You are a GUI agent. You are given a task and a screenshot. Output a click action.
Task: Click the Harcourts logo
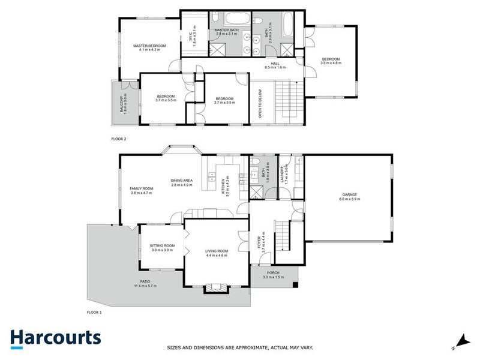(x=55, y=338)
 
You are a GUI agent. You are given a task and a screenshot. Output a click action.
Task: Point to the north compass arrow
(x=460, y=340)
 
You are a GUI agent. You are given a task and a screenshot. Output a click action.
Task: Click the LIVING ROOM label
(x=217, y=253)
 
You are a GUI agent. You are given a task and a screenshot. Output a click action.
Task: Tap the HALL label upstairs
(x=275, y=65)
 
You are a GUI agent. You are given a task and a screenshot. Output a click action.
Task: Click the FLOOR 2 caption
(x=119, y=139)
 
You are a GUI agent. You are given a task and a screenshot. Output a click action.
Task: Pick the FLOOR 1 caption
(x=94, y=313)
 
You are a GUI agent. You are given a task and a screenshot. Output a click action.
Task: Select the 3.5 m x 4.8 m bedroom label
(x=331, y=61)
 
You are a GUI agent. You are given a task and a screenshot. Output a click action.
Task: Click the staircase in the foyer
(x=283, y=235)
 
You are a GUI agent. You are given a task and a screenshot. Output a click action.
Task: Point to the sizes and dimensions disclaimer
(x=240, y=347)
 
